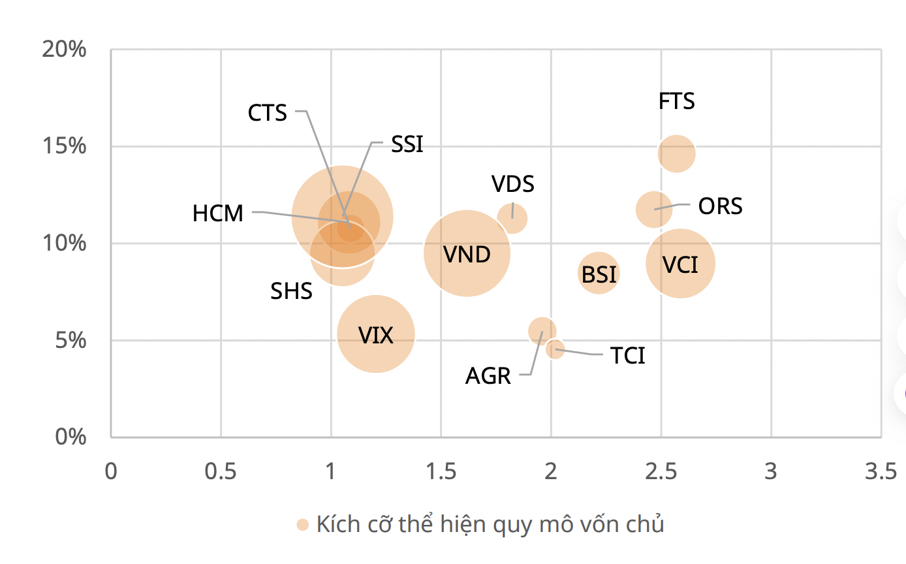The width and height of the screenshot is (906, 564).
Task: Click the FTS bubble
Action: click(x=676, y=154)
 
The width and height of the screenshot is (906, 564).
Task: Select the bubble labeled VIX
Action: click(x=376, y=334)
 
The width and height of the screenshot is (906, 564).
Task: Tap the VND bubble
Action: click(x=467, y=253)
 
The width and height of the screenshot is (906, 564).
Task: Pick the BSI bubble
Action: click(x=599, y=273)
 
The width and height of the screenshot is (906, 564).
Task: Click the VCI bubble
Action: click(x=680, y=263)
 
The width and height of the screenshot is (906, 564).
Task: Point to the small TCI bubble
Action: click(x=555, y=349)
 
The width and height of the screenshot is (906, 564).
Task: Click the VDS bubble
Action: click(x=512, y=217)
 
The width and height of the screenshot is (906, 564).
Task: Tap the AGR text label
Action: click(x=488, y=376)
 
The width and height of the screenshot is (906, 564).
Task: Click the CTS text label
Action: click(x=268, y=113)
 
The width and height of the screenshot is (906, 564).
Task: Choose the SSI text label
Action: click(x=407, y=144)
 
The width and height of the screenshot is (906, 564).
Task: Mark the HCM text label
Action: click(x=218, y=213)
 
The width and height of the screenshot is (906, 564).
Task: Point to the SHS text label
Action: click(x=292, y=291)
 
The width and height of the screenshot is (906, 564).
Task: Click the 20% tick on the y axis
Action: click(x=65, y=50)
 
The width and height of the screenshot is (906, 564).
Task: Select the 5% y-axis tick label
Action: click(x=69, y=340)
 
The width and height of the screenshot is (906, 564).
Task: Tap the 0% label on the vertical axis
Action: click(x=69, y=437)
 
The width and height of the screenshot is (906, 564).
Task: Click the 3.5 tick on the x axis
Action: click(x=881, y=471)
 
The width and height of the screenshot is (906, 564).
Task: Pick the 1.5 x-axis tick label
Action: click(x=441, y=471)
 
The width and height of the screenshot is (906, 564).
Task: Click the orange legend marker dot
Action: click(x=302, y=525)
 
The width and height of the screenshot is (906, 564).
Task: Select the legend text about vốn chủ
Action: click(x=490, y=524)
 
